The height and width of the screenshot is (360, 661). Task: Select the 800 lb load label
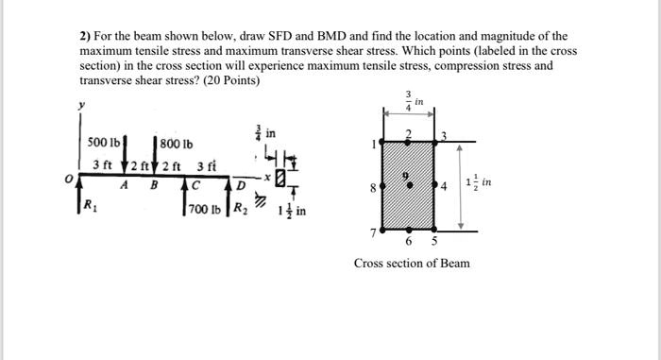(x=176, y=145)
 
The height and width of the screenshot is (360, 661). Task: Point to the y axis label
(x=82, y=106)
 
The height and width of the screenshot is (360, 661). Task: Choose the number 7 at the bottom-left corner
(x=377, y=231)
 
